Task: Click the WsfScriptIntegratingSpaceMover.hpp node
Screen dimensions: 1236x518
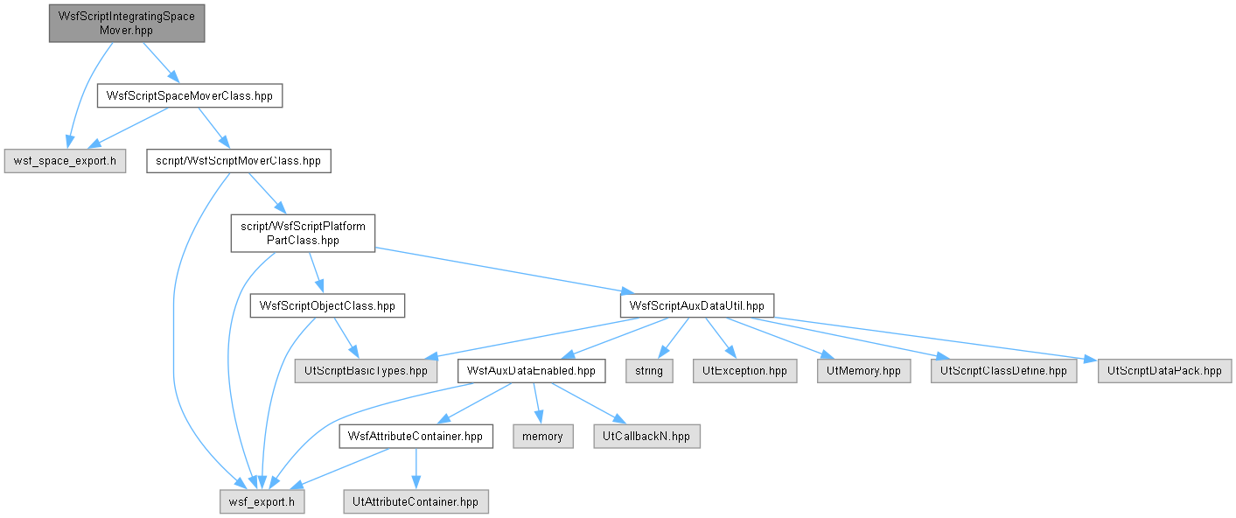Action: coord(127,24)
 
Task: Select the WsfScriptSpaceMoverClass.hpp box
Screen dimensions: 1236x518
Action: coord(190,95)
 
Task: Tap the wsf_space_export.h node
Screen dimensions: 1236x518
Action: coord(65,161)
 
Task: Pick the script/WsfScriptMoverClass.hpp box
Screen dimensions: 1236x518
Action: coord(239,161)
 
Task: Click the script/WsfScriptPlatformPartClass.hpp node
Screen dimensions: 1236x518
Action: coord(303,233)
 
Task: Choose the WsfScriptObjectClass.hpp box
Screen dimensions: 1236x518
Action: coord(327,305)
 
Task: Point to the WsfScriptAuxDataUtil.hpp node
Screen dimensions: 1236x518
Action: coord(697,305)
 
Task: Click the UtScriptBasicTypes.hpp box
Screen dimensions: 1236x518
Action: coord(366,370)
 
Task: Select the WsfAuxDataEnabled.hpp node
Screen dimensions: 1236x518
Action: coord(531,370)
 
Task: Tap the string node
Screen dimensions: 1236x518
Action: coord(649,370)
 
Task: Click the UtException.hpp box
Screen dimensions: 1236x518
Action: coord(745,370)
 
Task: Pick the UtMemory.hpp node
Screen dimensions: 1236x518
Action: coord(863,370)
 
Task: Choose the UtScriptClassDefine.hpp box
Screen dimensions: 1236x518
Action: coord(1003,370)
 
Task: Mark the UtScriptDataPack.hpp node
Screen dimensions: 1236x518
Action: coord(1165,370)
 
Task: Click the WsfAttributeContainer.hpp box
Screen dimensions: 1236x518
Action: coord(416,437)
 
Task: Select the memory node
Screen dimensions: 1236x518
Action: coord(543,437)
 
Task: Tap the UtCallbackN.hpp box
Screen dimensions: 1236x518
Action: coord(646,437)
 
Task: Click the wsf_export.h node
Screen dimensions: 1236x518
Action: coord(262,501)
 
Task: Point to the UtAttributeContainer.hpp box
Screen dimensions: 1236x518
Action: coord(416,501)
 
